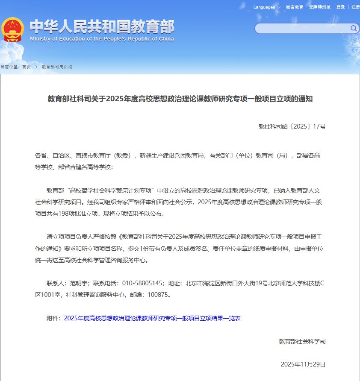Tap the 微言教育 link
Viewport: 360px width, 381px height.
pyautogui.click(x=295, y=7)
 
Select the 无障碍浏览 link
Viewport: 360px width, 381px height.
pyautogui.click(x=320, y=7)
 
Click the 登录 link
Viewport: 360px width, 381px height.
pyautogui.click(x=340, y=7)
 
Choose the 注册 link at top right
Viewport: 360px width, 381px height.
pyautogui.click(x=355, y=7)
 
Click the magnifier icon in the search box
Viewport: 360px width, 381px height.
pyautogui.click(x=354, y=29)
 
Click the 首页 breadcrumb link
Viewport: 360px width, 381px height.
pyautogui.click(x=27, y=67)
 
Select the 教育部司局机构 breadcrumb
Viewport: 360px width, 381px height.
pyautogui.click(x=57, y=67)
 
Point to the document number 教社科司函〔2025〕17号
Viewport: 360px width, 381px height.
pyautogui.click(x=292, y=126)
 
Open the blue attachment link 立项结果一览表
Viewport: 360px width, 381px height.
pyautogui.click(x=152, y=319)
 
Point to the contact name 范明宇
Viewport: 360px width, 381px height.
pyautogui.click(x=78, y=283)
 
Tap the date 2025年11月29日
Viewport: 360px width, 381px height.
pyautogui.click(x=303, y=364)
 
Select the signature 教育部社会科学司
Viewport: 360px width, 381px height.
pyautogui.click(x=302, y=341)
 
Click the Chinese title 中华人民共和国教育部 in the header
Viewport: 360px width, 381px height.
pyautogui.click(x=102, y=26)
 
